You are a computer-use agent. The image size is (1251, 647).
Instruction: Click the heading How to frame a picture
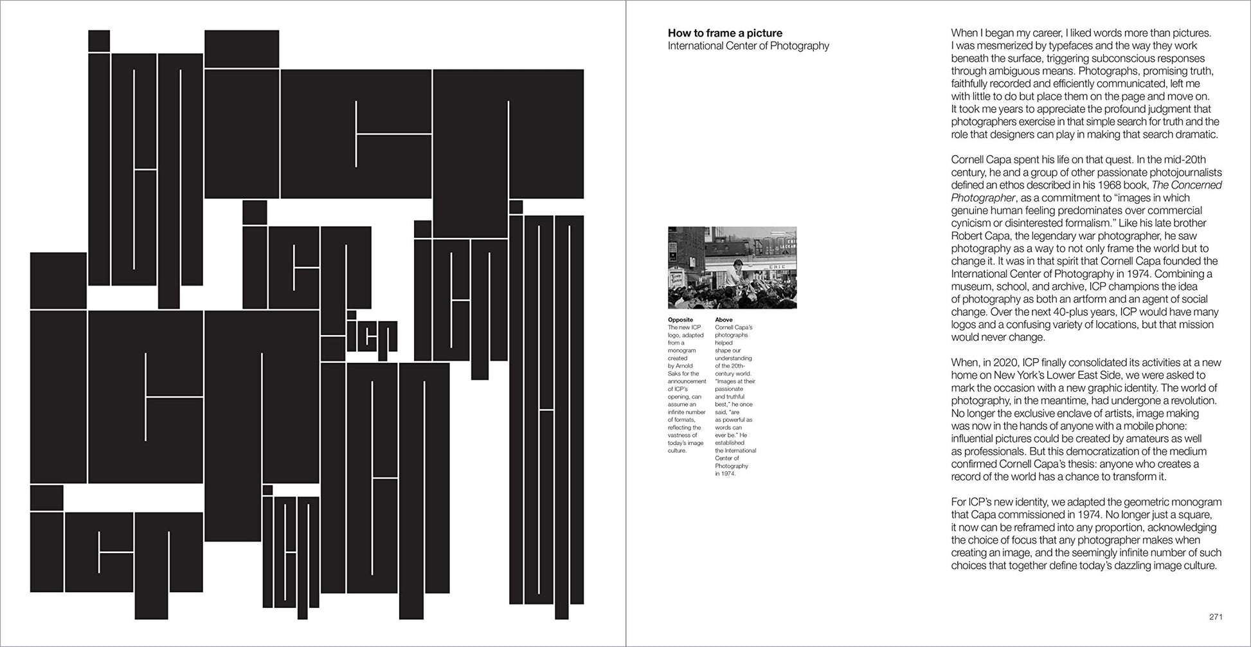pos(725,33)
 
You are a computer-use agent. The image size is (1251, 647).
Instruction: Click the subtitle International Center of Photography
pos(748,46)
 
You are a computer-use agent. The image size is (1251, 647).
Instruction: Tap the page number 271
pos(1216,617)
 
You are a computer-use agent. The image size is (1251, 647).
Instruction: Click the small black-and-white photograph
pos(732,268)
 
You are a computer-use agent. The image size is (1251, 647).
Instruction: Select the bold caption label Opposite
pos(680,320)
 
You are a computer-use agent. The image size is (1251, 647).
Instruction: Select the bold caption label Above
pos(724,320)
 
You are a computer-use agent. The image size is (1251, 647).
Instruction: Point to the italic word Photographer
pos(983,198)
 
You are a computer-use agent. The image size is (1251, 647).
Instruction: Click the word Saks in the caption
pos(674,374)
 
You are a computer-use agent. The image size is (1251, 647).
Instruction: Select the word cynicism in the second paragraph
pos(972,223)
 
